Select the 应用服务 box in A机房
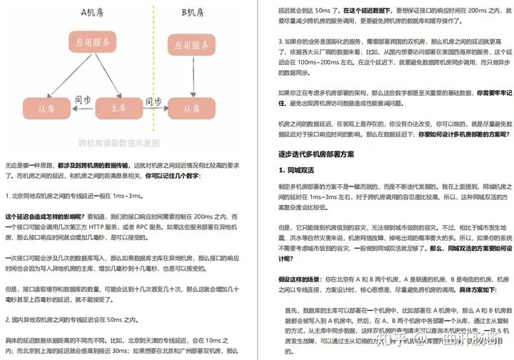pyautogui.click(x=92, y=42)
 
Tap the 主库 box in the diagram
pyautogui.click(x=119, y=108)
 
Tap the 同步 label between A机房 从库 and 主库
pyautogui.click(x=82, y=101)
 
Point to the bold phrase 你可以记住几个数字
pyautogui.click(x=172, y=176)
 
